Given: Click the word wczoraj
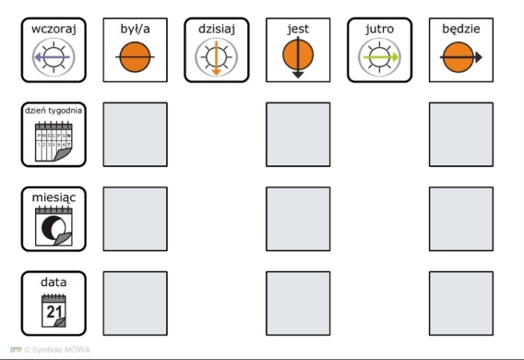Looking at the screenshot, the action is point(54,30).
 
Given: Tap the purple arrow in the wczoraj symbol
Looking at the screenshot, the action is point(53,57).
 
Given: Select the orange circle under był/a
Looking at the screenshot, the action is point(135,57).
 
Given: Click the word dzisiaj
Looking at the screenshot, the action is point(217,30).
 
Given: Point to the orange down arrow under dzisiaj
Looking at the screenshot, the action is point(217,58).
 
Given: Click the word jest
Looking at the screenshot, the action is point(298,30).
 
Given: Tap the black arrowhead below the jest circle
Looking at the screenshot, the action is point(298,75).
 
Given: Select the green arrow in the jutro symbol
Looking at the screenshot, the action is point(381,57).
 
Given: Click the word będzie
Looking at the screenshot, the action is point(461,30).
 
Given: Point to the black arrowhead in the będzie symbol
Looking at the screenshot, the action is point(478,57).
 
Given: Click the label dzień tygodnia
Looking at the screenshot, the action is point(54,111).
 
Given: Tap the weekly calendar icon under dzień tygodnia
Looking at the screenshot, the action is point(54,142).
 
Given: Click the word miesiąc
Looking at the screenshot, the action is point(54,198).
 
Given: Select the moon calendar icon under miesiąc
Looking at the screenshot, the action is point(54,226).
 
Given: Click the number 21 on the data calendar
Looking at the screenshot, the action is point(54,312).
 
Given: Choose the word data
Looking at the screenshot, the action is point(54,282).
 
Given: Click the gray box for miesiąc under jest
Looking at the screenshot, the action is point(298,219).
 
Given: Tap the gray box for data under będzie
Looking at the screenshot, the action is point(461,304).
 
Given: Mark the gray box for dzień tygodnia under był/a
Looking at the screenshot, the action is point(136,135).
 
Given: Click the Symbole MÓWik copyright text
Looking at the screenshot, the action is point(57,350).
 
